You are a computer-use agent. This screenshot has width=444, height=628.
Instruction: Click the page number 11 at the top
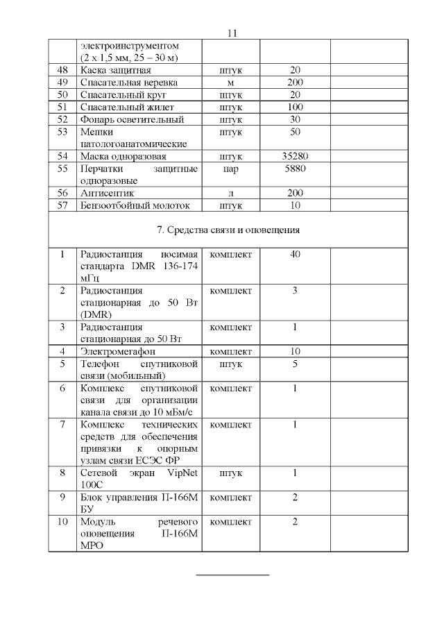tap(232, 33)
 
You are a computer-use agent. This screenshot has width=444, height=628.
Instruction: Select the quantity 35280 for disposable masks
tap(295, 156)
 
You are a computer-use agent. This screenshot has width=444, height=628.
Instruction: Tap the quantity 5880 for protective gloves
tap(295, 168)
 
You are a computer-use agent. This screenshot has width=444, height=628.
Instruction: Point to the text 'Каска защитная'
tap(116, 71)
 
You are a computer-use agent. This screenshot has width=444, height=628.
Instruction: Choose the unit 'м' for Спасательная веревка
tap(230, 83)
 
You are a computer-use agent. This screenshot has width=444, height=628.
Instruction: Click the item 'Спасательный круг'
tap(123, 94)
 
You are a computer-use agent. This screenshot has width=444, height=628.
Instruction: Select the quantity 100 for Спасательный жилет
tap(295, 107)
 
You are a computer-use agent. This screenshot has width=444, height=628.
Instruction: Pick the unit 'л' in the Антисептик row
tap(230, 193)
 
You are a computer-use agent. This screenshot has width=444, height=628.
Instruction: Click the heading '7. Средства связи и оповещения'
tap(230, 229)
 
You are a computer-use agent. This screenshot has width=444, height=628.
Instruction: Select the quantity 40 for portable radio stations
tap(295, 255)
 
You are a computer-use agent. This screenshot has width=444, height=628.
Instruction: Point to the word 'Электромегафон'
tap(117, 351)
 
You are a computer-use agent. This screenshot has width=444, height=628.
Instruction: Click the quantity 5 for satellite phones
tap(295, 364)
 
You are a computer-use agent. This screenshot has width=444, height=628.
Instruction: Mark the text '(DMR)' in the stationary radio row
tap(96, 314)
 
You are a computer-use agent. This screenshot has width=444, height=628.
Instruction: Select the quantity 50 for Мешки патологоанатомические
tap(295, 131)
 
